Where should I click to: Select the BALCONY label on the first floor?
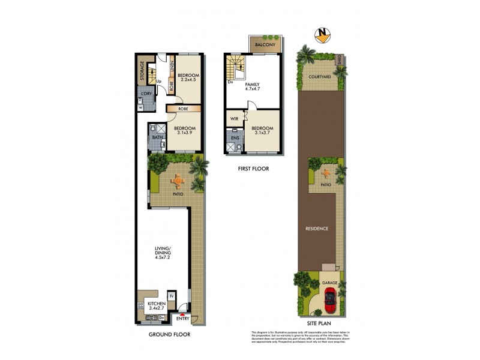click(x=265, y=45)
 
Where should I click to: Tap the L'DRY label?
click(x=146, y=95)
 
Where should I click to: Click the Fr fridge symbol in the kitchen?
click(x=171, y=296)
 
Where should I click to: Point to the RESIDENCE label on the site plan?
click(x=317, y=228)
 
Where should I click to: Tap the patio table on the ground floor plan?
click(x=178, y=179)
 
